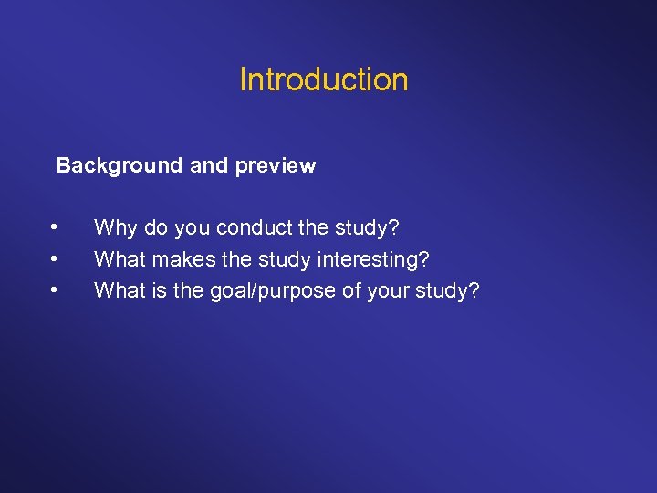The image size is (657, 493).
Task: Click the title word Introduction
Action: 324,80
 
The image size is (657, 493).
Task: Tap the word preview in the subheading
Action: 276,166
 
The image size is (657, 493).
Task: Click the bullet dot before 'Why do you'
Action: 56,226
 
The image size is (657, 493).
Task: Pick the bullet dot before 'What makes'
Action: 56,258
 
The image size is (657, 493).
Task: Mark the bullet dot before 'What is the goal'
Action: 56,290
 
